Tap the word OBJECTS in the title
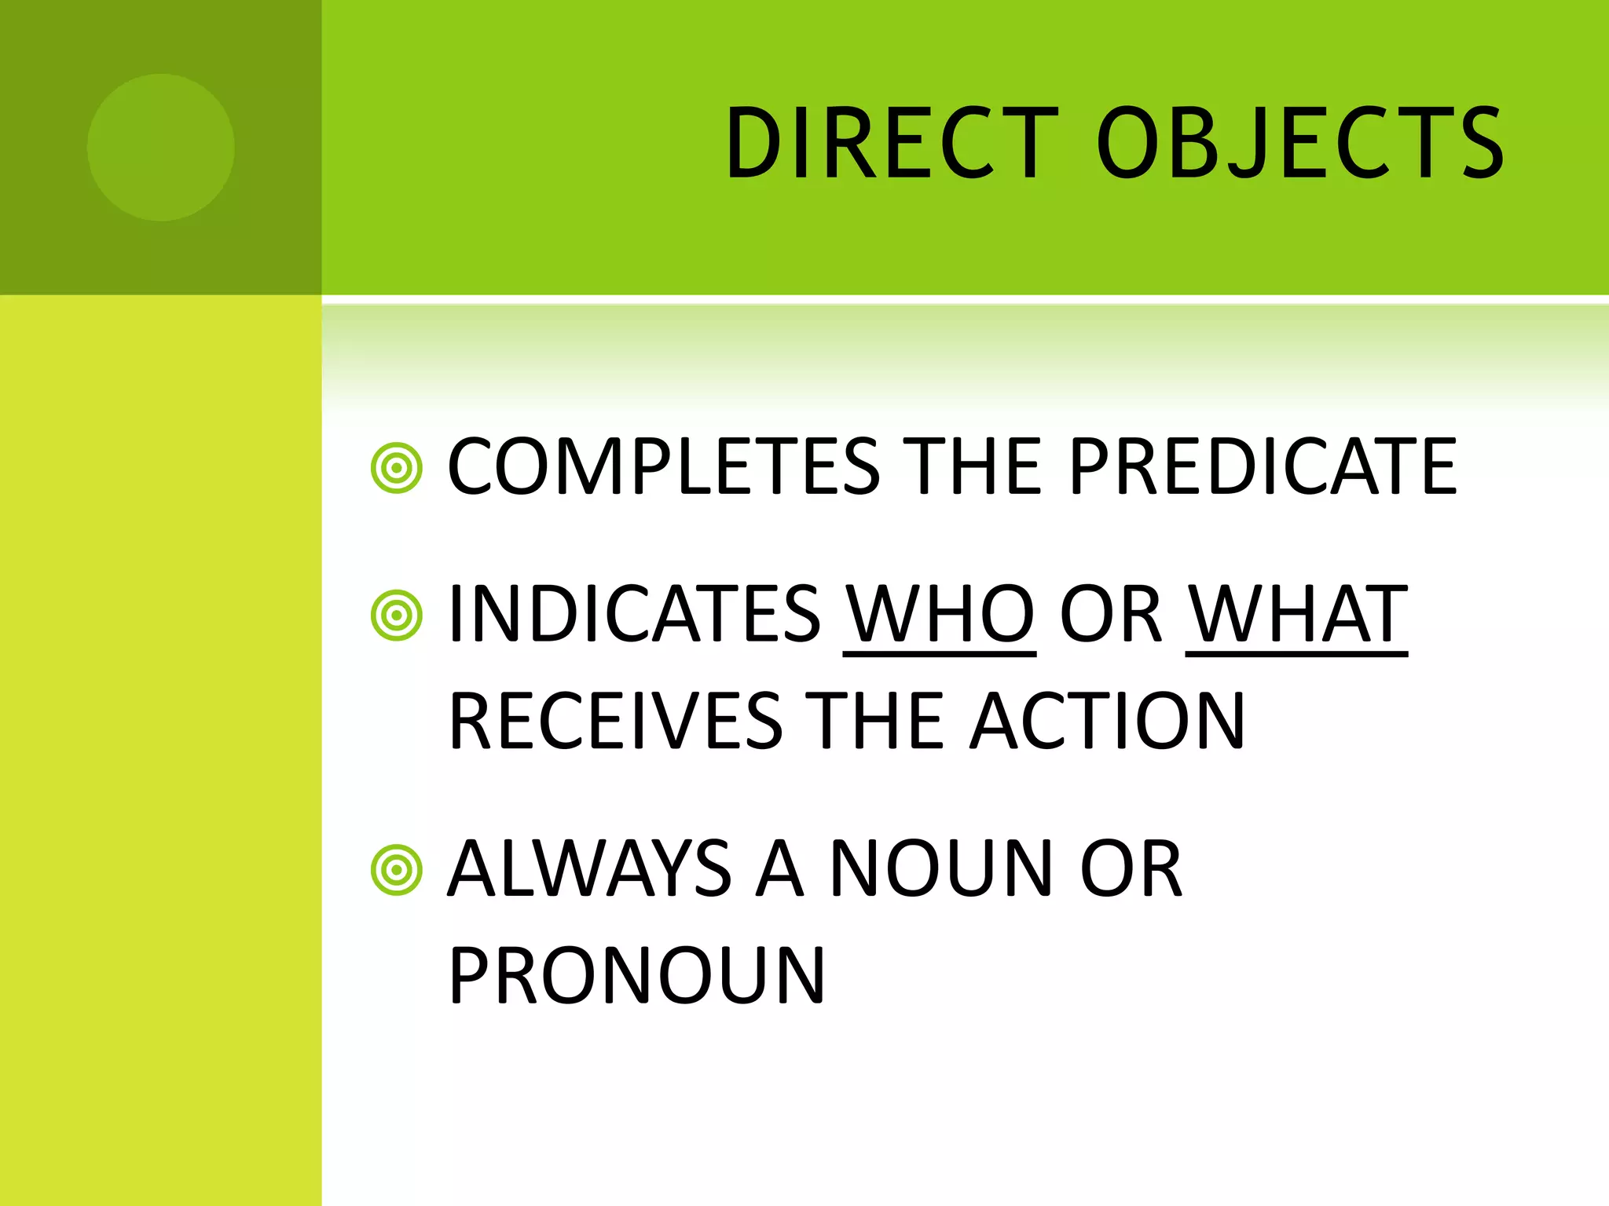point(1299,144)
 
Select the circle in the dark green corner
point(160,147)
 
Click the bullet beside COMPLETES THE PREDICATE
point(397,469)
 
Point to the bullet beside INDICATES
point(397,615)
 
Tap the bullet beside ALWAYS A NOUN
point(397,870)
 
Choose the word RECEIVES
point(616,721)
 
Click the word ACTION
point(1108,721)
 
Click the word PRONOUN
point(637,975)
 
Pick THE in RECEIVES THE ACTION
point(875,721)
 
